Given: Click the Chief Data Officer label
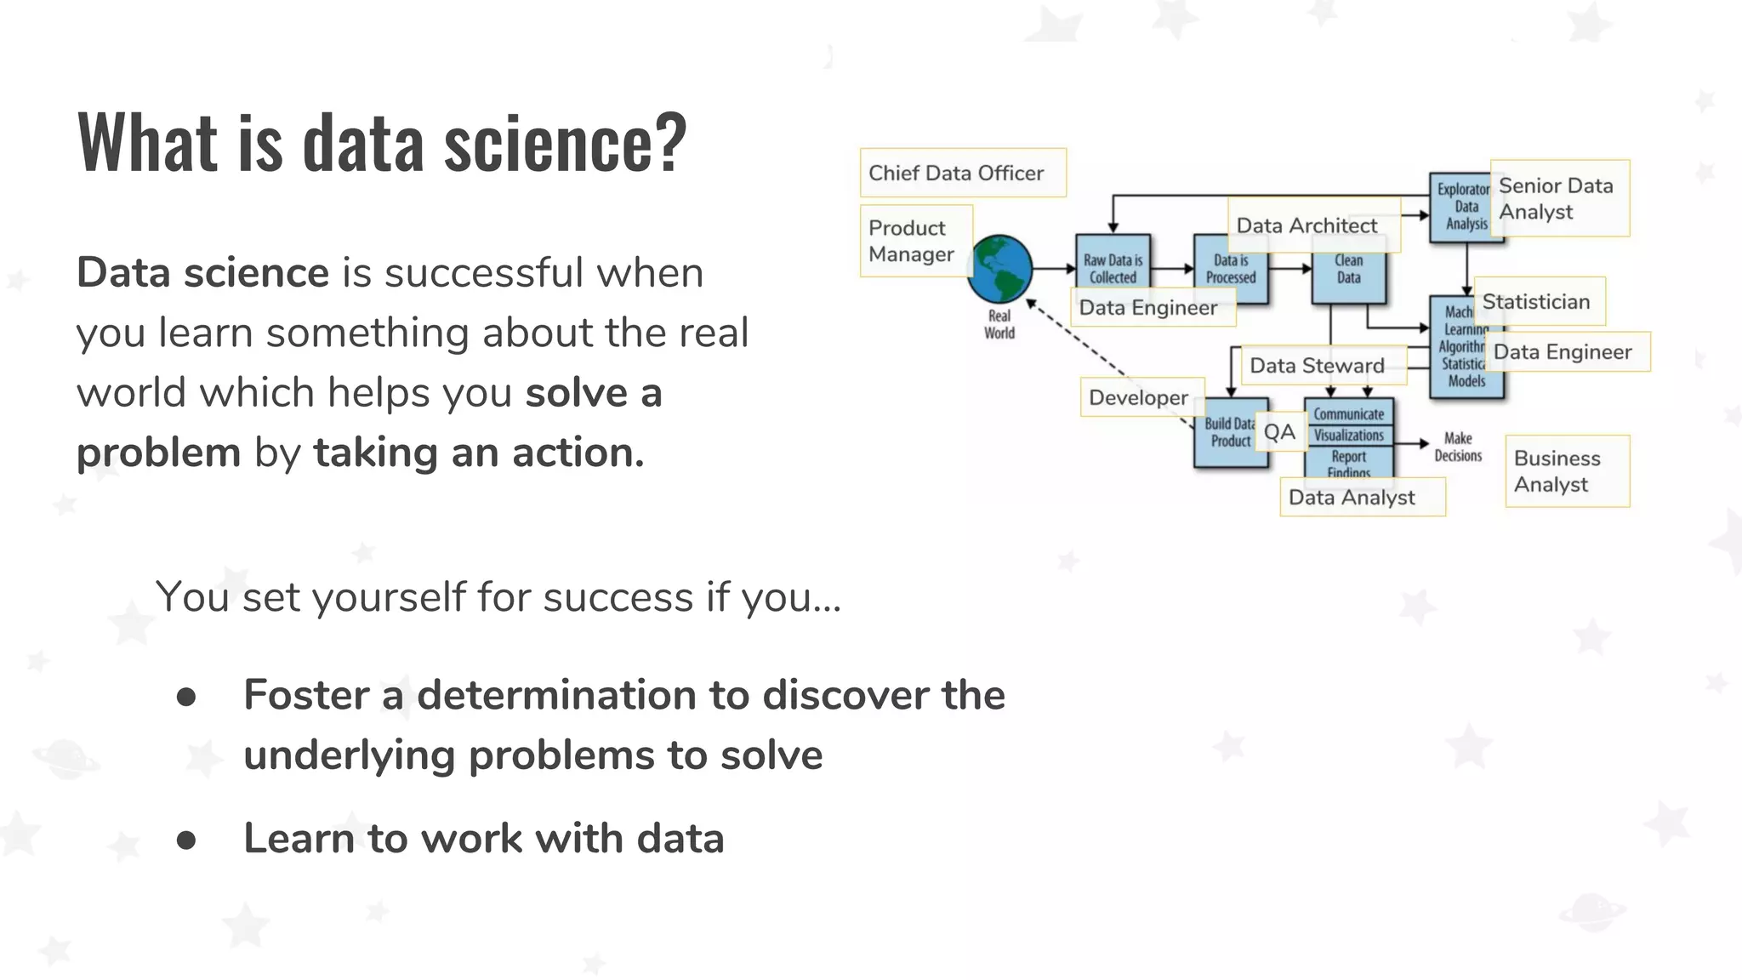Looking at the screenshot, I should click(962, 173).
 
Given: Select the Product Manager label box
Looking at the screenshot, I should click(915, 241).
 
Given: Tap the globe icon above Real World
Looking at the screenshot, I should click(999, 270).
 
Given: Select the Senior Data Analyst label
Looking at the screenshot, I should click(1559, 198).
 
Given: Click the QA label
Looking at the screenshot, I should click(1279, 432).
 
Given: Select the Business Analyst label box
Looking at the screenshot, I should click(1567, 471).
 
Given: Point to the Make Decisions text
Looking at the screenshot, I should click(1458, 447).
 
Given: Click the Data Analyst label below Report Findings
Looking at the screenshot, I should click(1361, 497).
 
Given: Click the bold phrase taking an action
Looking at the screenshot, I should click(479, 452).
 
